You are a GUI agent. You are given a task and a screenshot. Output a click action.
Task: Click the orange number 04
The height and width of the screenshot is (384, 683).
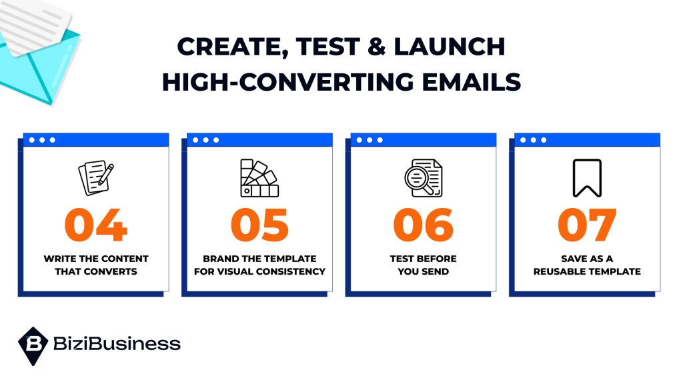click(x=96, y=225)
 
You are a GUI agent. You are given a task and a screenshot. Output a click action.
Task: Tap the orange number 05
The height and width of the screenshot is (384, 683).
click(x=259, y=225)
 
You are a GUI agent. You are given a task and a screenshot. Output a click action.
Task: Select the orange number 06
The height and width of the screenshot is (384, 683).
click(x=424, y=225)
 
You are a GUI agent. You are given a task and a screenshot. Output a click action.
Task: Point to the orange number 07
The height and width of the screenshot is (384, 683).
click(x=587, y=225)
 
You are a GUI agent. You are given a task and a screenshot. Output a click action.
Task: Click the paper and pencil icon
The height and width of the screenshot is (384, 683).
click(x=96, y=177)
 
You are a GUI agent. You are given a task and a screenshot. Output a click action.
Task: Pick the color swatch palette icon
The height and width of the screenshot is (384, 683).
click(x=259, y=178)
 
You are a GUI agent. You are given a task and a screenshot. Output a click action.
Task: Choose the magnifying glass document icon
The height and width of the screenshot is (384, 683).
click(x=424, y=178)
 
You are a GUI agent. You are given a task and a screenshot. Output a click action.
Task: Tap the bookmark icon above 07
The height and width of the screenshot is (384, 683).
click(x=587, y=178)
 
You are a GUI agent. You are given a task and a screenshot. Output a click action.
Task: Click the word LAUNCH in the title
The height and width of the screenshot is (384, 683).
click(x=449, y=47)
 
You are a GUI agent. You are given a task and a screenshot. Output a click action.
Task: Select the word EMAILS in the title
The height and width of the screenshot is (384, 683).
click(x=472, y=82)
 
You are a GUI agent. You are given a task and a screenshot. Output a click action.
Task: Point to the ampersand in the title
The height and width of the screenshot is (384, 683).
click(x=377, y=47)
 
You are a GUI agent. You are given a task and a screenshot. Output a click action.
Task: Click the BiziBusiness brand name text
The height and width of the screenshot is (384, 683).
click(x=117, y=343)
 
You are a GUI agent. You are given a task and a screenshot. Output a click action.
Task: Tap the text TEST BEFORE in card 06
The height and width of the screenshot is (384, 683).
click(x=424, y=259)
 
